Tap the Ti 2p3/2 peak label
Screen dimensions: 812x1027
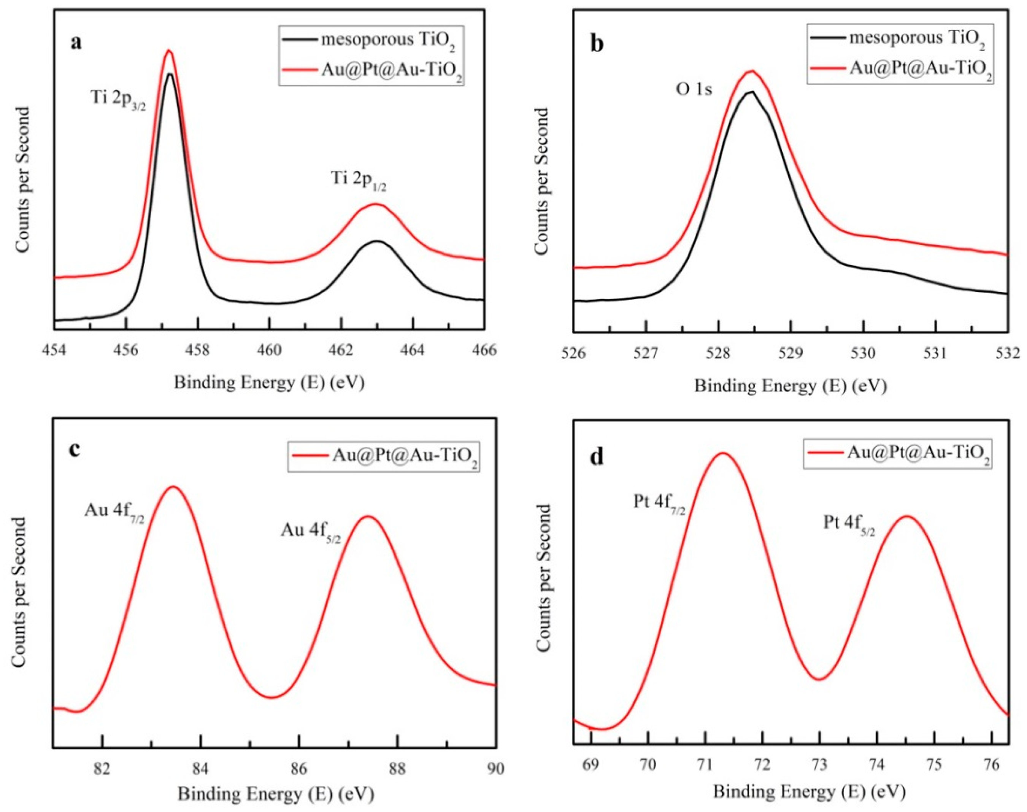click(118, 100)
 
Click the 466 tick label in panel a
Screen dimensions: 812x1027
click(485, 350)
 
